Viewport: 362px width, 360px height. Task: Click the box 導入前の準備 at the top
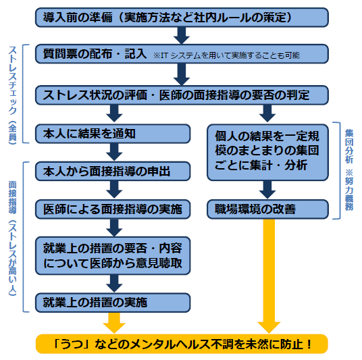181,17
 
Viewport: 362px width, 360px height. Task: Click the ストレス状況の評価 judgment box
181,94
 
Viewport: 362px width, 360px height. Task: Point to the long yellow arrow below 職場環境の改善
269,270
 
